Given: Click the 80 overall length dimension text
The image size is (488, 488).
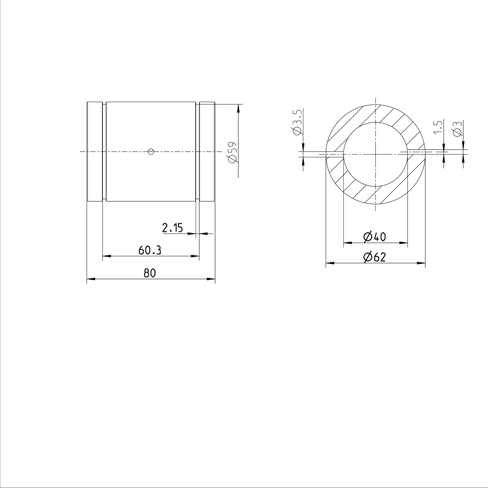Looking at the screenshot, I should point(150,273).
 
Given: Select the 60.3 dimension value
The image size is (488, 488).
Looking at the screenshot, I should point(150,251).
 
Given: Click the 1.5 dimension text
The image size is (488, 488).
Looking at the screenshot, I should point(438,127).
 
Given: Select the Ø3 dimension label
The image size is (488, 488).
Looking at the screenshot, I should point(457,129).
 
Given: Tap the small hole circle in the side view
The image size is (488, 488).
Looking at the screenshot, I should point(151,151).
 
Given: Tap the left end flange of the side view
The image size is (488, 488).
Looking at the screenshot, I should point(94,151).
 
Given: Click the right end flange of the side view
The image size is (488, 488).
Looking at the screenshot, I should point(207,151).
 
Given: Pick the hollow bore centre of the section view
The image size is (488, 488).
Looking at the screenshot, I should point(375,154).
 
